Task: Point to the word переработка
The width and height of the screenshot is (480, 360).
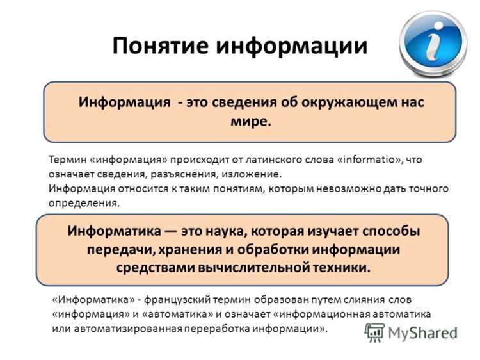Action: (217, 329)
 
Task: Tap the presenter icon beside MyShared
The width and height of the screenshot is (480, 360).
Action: (374, 331)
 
